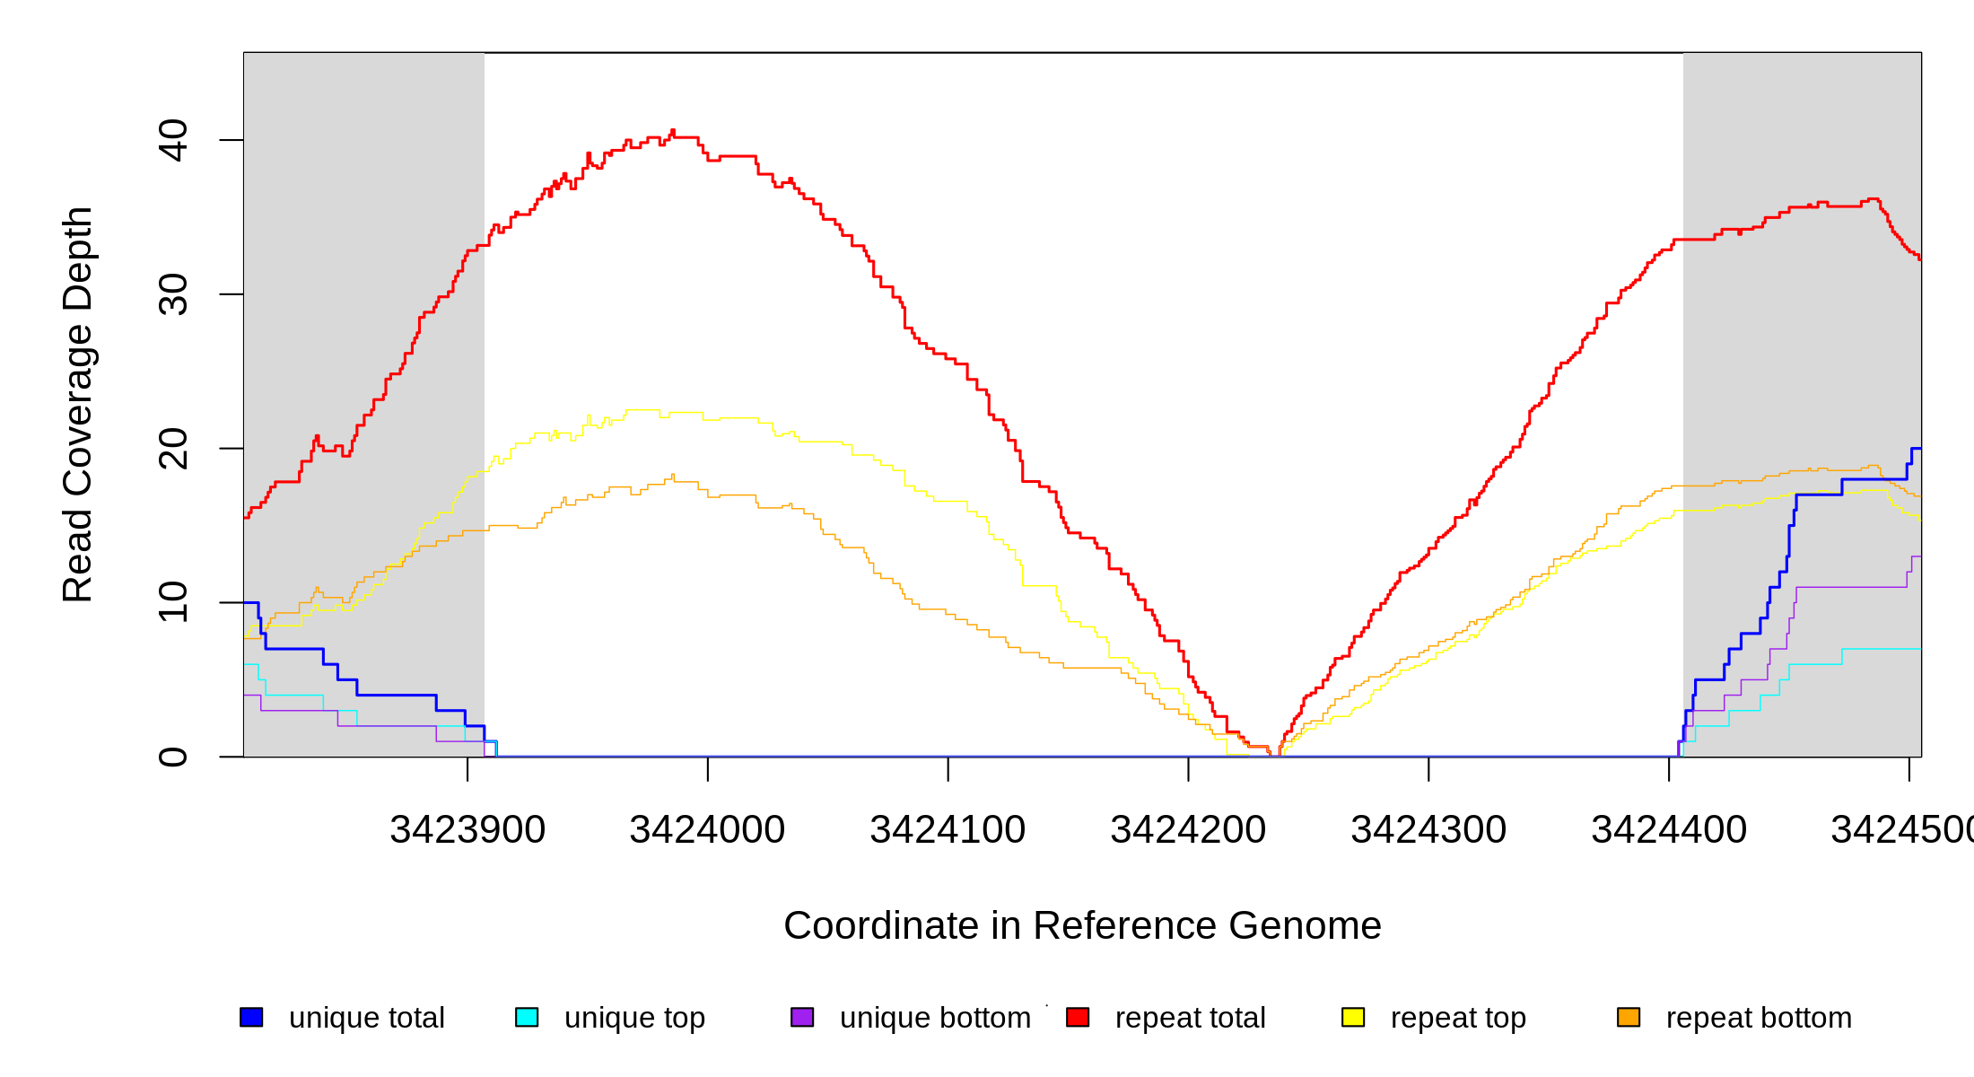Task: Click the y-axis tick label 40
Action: coord(173,140)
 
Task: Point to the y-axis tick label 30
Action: coord(173,294)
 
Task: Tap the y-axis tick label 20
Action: coord(173,449)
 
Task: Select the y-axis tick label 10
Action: coord(173,602)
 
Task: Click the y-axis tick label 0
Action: coord(173,757)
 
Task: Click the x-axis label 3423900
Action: coord(467,830)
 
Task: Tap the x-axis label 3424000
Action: coord(707,830)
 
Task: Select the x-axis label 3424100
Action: coord(948,830)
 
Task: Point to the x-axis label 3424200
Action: coord(1188,830)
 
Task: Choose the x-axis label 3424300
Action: coord(1428,830)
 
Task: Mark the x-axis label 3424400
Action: coord(1669,830)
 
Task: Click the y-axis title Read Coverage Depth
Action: coord(78,404)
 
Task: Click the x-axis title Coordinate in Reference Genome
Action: coord(1082,925)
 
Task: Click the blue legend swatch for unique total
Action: coord(251,1017)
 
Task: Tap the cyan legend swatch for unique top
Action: coord(527,1017)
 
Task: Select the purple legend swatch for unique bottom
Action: coord(802,1017)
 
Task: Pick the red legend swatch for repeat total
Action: coord(1078,1017)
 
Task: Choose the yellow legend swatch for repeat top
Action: coord(1353,1017)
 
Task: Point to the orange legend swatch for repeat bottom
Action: coord(1629,1017)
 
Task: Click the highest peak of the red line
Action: coord(673,131)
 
